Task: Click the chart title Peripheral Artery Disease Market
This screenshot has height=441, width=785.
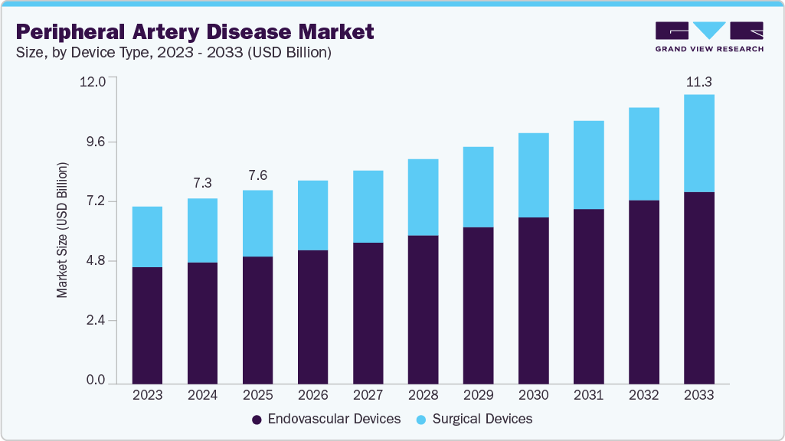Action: (195, 31)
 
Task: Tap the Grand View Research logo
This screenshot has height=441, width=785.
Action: (709, 37)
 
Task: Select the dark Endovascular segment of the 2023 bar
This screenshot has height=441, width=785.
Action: (147, 325)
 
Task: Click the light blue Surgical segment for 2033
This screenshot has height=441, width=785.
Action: (698, 143)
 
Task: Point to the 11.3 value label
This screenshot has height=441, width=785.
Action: (698, 81)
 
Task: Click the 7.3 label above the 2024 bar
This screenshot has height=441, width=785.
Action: (202, 183)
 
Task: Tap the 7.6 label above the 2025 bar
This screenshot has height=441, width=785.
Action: (257, 175)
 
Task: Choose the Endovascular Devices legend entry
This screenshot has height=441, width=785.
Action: (326, 419)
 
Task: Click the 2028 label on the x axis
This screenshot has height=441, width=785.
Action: (423, 395)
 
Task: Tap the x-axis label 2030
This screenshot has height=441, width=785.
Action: (533, 395)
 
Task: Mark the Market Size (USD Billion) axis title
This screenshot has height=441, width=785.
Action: (63, 230)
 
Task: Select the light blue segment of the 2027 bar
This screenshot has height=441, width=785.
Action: (368, 206)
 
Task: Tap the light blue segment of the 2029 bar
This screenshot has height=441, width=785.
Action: (478, 187)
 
